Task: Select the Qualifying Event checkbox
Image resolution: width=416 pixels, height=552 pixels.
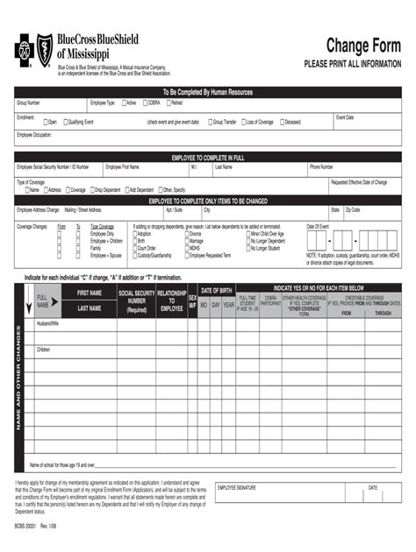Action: click(x=63, y=122)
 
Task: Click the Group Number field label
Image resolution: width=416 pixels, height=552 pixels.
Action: click(x=28, y=103)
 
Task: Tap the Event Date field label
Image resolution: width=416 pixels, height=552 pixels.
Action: click(x=345, y=116)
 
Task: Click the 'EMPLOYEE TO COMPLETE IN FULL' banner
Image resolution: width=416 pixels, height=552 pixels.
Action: click(x=207, y=157)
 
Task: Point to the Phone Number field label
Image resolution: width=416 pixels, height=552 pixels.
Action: click(x=321, y=166)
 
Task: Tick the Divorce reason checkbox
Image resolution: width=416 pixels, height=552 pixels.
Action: click(x=186, y=234)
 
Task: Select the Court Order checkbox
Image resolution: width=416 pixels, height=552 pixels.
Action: click(x=134, y=248)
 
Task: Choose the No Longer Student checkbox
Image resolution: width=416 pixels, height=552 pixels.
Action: click(x=247, y=248)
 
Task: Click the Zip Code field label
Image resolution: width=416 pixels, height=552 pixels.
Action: click(x=353, y=210)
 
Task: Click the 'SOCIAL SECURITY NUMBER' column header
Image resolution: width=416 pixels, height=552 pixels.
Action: click(x=136, y=301)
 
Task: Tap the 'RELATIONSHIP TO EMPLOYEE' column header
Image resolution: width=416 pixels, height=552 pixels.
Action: click(x=172, y=301)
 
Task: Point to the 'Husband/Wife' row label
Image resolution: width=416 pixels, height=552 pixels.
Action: click(x=47, y=323)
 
